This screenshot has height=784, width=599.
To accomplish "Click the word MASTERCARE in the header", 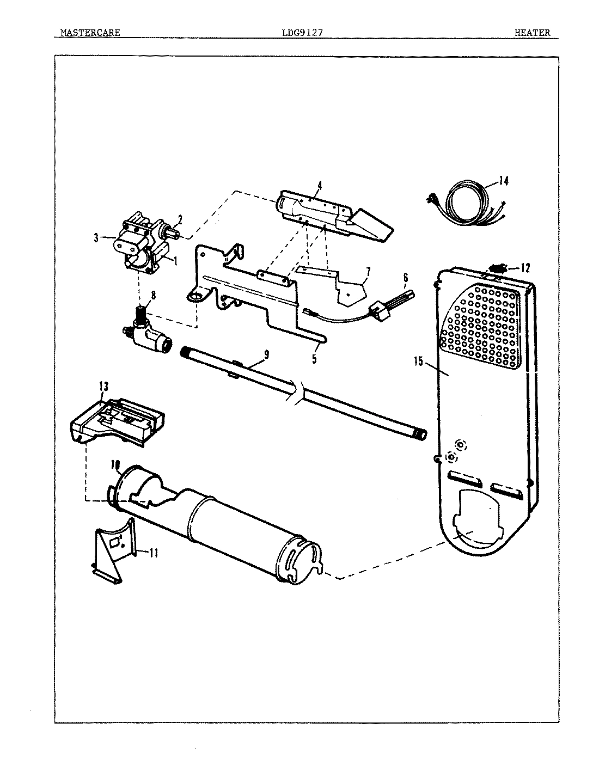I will coord(90,33).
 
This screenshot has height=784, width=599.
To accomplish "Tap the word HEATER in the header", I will coord(532,33).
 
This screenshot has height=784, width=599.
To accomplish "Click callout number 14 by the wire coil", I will coord(504,181).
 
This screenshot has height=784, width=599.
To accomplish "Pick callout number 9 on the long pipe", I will coord(266,354).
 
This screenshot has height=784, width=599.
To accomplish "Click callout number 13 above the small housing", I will coord(103,387).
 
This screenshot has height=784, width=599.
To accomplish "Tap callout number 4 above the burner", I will coord(320,186).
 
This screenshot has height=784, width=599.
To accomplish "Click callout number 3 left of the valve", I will coord(96,237).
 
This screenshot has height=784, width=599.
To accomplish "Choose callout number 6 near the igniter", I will coord(405,277).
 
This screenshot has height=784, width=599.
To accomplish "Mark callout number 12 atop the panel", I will coord(524,267).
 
